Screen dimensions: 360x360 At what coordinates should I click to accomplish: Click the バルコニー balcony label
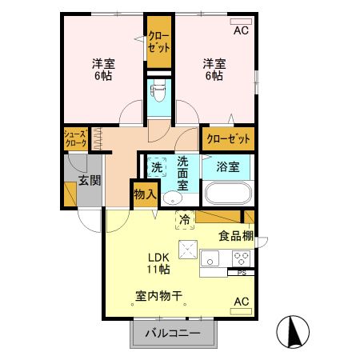coord(174,334)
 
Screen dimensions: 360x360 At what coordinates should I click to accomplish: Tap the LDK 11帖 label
coord(158,263)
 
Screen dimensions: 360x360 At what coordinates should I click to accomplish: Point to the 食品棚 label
coord(236,235)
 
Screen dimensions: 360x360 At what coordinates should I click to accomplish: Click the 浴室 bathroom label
coord(228,167)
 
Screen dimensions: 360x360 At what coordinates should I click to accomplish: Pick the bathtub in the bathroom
coord(229,194)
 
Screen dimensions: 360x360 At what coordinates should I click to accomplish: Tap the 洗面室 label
coord(183,172)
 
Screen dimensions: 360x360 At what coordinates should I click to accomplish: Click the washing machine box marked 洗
coord(157,168)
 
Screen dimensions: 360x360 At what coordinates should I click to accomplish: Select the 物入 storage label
coord(145,194)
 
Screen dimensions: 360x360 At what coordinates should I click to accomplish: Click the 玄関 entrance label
coord(90,181)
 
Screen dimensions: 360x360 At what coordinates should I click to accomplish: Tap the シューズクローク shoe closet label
coord(76,138)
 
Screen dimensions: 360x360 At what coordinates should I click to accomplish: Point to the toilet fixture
coord(157,93)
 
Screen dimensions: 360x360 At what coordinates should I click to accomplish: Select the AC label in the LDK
coord(241,302)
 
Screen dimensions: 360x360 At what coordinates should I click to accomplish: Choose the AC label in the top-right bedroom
coord(241,31)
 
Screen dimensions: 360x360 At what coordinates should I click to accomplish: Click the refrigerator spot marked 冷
coord(185,218)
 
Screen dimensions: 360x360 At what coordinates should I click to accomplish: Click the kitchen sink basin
coord(210,258)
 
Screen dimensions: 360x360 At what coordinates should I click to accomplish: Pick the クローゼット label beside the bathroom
coord(228,138)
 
